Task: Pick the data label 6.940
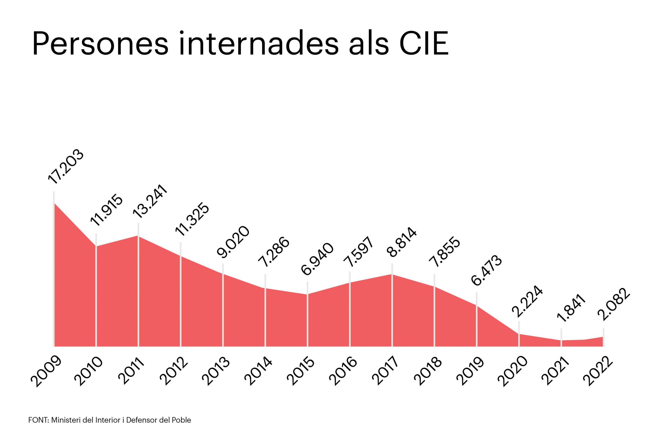point(317,259)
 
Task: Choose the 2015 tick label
point(301,372)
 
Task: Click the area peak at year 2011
point(138,236)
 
